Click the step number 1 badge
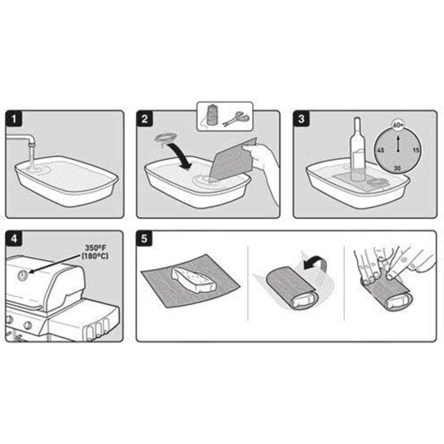coord(14,119)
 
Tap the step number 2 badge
coord(145,119)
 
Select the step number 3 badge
coord(301,119)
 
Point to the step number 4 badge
coord(14,238)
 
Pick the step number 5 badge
coord(145,238)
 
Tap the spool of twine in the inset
coord(211,115)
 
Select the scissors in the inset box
coord(235,119)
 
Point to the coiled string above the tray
coord(165,139)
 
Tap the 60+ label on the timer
coord(398,125)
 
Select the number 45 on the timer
coord(381,150)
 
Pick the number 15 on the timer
coord(415,150)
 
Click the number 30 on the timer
coord(397,168)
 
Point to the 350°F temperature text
coord(96,249)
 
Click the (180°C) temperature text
coord(95,256)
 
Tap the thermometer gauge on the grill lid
coord(23,275)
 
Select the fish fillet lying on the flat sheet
coord(193,280)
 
